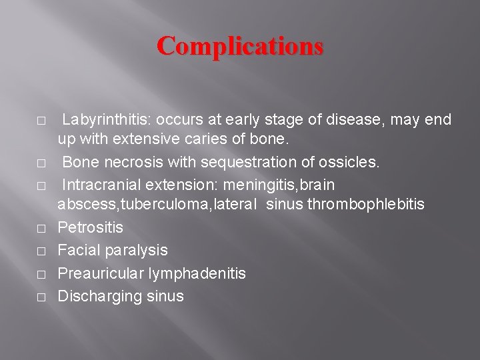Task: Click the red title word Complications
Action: pos(240,46)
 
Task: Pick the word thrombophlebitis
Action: pos(365,205)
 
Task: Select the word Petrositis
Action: pos(91,228)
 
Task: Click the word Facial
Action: pos(79,251)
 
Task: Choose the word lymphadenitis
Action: pos(197,273)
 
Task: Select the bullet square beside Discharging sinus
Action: pos(41,297)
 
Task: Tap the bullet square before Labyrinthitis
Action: pos(41,121)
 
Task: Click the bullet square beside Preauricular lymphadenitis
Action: pos(41,274)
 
